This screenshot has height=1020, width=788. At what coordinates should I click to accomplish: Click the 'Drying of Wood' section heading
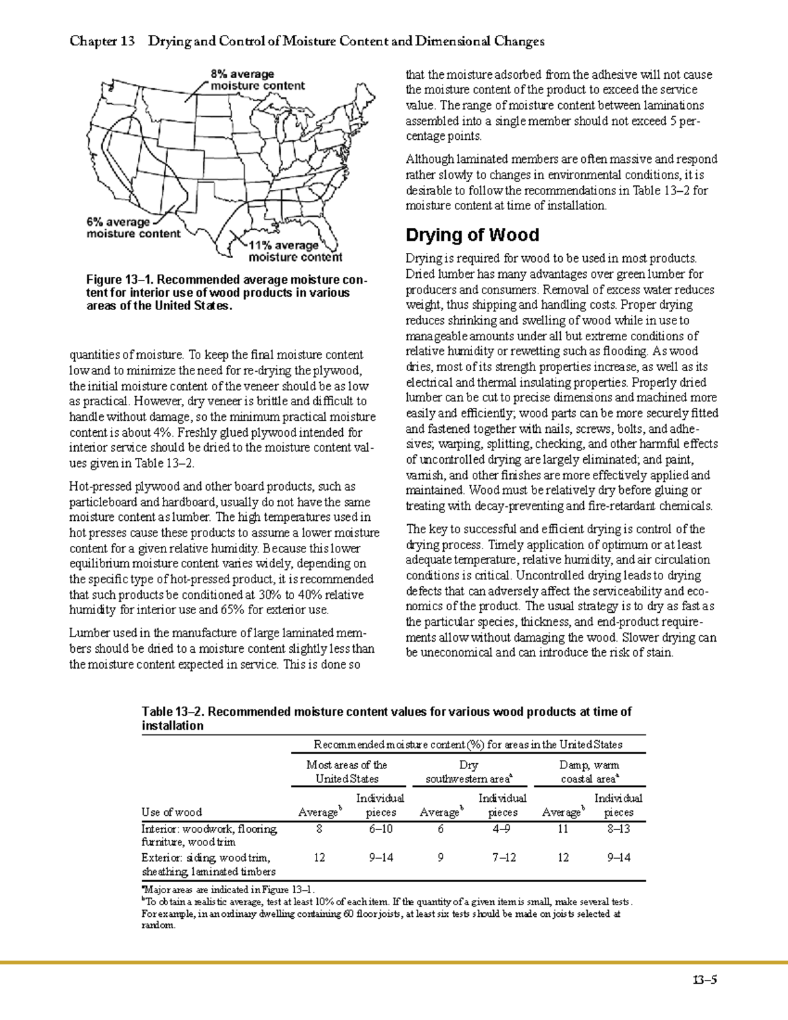coord(472,235)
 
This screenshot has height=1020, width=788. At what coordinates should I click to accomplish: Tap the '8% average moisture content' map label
coord(257,79)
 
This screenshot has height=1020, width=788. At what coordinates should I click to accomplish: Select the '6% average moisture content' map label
coord(133,228)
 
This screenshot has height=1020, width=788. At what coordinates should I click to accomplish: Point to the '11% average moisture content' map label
coord(295,252)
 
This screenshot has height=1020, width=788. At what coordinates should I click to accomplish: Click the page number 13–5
coord(704,981)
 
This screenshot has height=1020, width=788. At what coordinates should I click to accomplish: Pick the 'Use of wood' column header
coord(172,812)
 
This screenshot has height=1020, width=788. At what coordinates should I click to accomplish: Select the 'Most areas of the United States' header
coord(347,772)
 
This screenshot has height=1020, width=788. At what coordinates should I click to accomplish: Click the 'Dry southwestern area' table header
coord(469,772)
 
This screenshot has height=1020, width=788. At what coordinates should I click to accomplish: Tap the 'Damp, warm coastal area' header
coord(589,772)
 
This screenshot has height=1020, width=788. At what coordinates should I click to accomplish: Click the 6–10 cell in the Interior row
coord(380,829)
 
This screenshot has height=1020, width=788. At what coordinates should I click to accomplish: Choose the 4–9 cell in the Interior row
coord(502,829)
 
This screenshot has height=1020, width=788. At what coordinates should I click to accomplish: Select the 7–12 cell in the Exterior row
coord(502,858)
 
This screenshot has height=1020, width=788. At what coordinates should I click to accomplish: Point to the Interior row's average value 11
coord(563,829)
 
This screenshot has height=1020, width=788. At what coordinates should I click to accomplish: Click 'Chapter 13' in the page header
coord(102,41)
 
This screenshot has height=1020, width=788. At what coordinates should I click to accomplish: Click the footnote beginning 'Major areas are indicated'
coord(230,890)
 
